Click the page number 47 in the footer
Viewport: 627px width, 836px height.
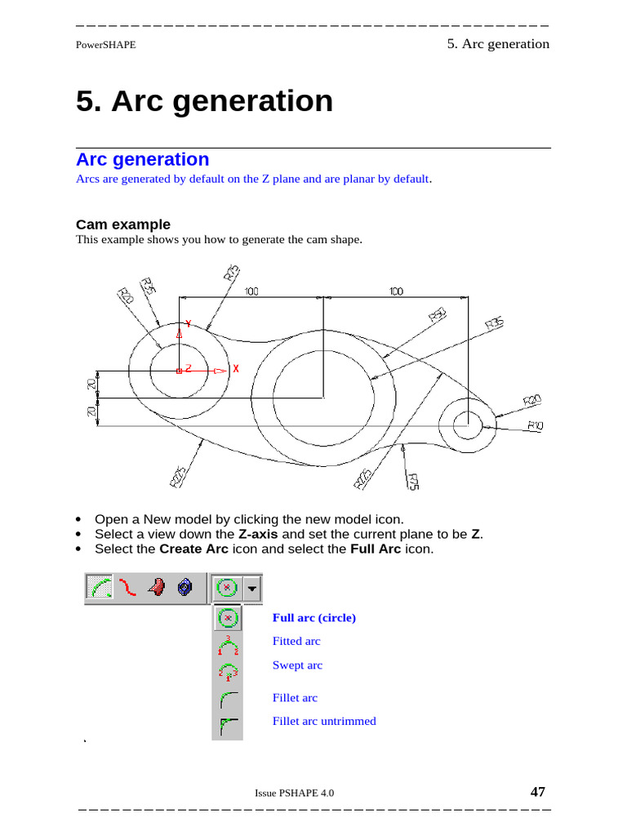(x=537, y=791)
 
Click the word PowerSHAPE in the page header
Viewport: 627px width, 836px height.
(x=105, y=45)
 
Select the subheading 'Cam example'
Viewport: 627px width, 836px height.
(x=123, y=225)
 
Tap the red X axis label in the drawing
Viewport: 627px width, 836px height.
(x=236, y=369)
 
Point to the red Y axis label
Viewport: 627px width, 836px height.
(x=189, y=323)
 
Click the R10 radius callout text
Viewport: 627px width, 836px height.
(x=536, y=425)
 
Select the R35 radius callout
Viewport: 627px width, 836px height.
(x=494, y=324)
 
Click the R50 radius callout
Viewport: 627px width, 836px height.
(x=437, y=314)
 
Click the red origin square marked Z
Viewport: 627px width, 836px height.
(x=179, y=371)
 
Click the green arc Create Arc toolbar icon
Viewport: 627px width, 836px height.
(x=99, y=587)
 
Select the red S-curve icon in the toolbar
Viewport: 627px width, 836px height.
(x=127, y=587)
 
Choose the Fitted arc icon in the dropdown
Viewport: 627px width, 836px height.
(x=228, y=645)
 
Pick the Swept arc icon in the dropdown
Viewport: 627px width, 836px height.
(x=228, y=672)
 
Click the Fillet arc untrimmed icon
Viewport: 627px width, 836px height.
(x=228, y=724)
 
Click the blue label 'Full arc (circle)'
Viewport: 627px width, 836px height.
(x=314, y=618)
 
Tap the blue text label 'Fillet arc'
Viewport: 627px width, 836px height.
(x=295, y=698)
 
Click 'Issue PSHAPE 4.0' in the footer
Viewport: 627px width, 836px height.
(x=294, y=793)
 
